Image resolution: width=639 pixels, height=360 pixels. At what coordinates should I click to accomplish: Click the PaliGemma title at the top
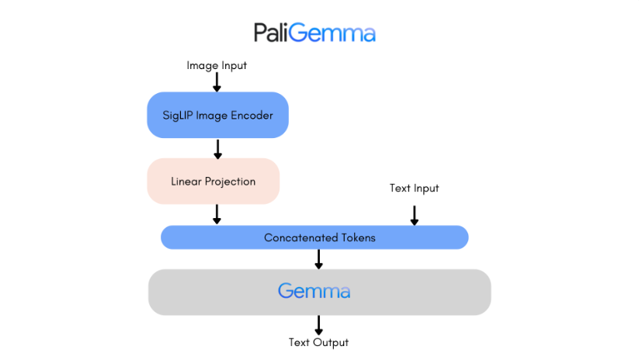pyautogui.click(x=314, y=33)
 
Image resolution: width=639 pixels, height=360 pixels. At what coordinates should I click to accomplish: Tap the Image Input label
pyautogui.click(x=217, y=66)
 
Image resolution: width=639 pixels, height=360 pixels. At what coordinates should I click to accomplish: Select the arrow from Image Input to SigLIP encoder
pyautogui.click(x=217, y=82)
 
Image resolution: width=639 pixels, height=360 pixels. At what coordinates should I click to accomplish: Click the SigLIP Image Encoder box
pyautogui.click(x=217, y=115)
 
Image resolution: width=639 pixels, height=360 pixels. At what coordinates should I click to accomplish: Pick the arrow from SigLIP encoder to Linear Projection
pyautogui.click(x=217, y=148)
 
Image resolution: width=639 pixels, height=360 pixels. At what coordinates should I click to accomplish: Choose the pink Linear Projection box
pyautogui.click(x=213, y=181)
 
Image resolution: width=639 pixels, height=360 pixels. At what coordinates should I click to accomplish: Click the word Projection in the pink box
pyautogui.click(x=231, y=182)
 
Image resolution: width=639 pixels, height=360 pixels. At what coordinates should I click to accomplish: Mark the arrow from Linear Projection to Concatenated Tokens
pyautogui.click(x=217, y=214)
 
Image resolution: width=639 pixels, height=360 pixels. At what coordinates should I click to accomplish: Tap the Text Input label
pyautogui.click(x=414, y=188)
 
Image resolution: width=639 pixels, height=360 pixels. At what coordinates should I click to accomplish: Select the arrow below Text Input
pyautogui.click(x=414, y=214)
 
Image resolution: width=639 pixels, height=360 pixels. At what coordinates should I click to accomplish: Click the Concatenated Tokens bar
pyautogui.click(x=314, y=237)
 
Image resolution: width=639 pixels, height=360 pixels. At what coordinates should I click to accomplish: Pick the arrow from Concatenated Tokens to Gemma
pyautogui.click(x=318, y=259)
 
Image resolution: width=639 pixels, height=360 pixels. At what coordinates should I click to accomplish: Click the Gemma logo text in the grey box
pyautogui.click(x=314, y=292)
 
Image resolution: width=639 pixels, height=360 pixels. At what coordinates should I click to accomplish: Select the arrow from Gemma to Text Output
pyautogui.click(x=318, y=324)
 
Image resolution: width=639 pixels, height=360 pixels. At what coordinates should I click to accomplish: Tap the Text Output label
pyautogui.click(x=318, y=342)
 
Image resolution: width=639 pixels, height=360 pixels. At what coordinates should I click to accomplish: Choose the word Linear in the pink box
pyautogui.click(x=186, y=182)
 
